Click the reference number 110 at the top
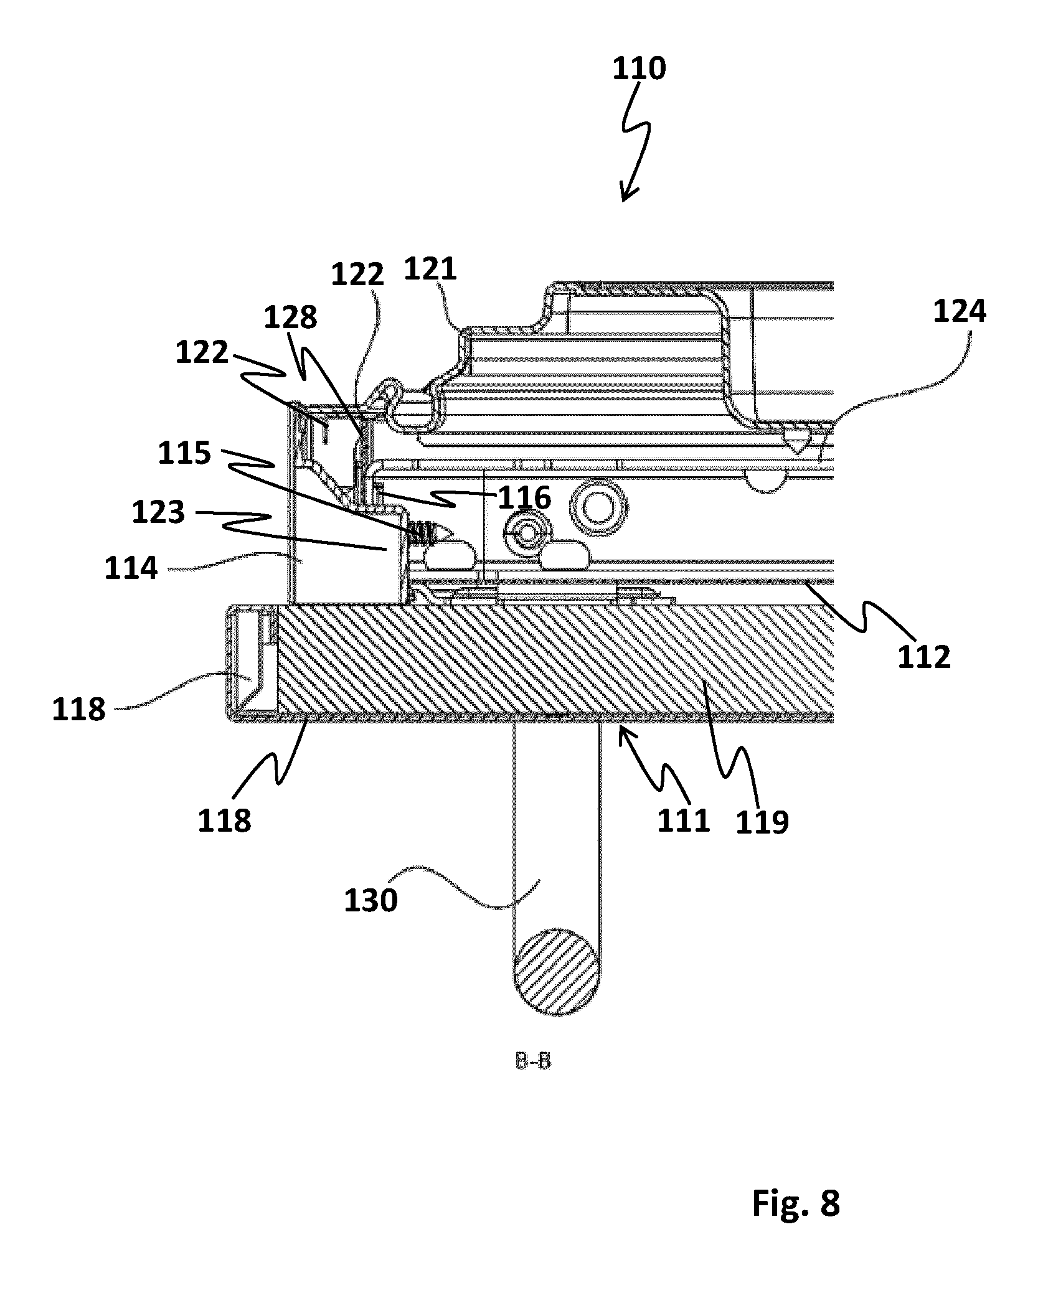coord(639,68)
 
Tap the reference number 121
coord(430,270)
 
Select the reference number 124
coord(959,311)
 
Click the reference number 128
coord(291,318)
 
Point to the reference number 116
coord(524,498)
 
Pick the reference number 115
coord(184,453)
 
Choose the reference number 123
coord(158,513)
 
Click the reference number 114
coord(131,568)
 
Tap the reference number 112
coord(924,657)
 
